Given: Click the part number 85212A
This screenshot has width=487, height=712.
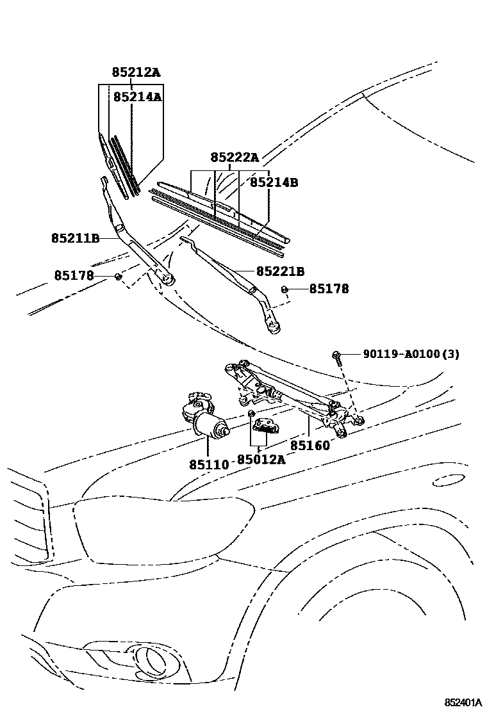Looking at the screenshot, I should click(x=136, y=72).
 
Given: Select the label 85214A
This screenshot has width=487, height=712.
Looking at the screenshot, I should click(x=137, y=97).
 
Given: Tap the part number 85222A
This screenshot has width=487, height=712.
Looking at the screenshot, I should click(x=235, y=158).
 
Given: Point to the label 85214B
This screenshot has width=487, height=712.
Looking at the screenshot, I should click(x=274, y=182).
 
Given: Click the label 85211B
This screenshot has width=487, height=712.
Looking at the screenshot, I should click(x=76, y=238).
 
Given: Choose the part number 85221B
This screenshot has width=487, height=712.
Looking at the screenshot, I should click(x=280, y=271).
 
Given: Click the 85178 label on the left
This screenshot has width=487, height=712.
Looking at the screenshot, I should click(x=74, y=275).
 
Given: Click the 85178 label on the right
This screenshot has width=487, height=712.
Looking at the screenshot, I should click(x=329, y=289).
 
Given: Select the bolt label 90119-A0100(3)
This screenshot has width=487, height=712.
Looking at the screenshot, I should click(x=411, y=353).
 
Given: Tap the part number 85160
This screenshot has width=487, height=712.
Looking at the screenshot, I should click(x=310, y=445).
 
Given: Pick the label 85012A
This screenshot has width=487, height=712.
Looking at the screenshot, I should click(x=261, y=459).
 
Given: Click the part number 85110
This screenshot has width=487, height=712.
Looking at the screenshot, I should click(x=208, y=463).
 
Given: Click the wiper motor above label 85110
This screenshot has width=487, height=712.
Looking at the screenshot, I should click(x=205, y=419).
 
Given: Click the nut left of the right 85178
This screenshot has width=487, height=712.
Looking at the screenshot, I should click(x=284, y=289).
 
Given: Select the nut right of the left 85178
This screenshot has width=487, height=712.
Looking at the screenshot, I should click(x=118, y=276).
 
